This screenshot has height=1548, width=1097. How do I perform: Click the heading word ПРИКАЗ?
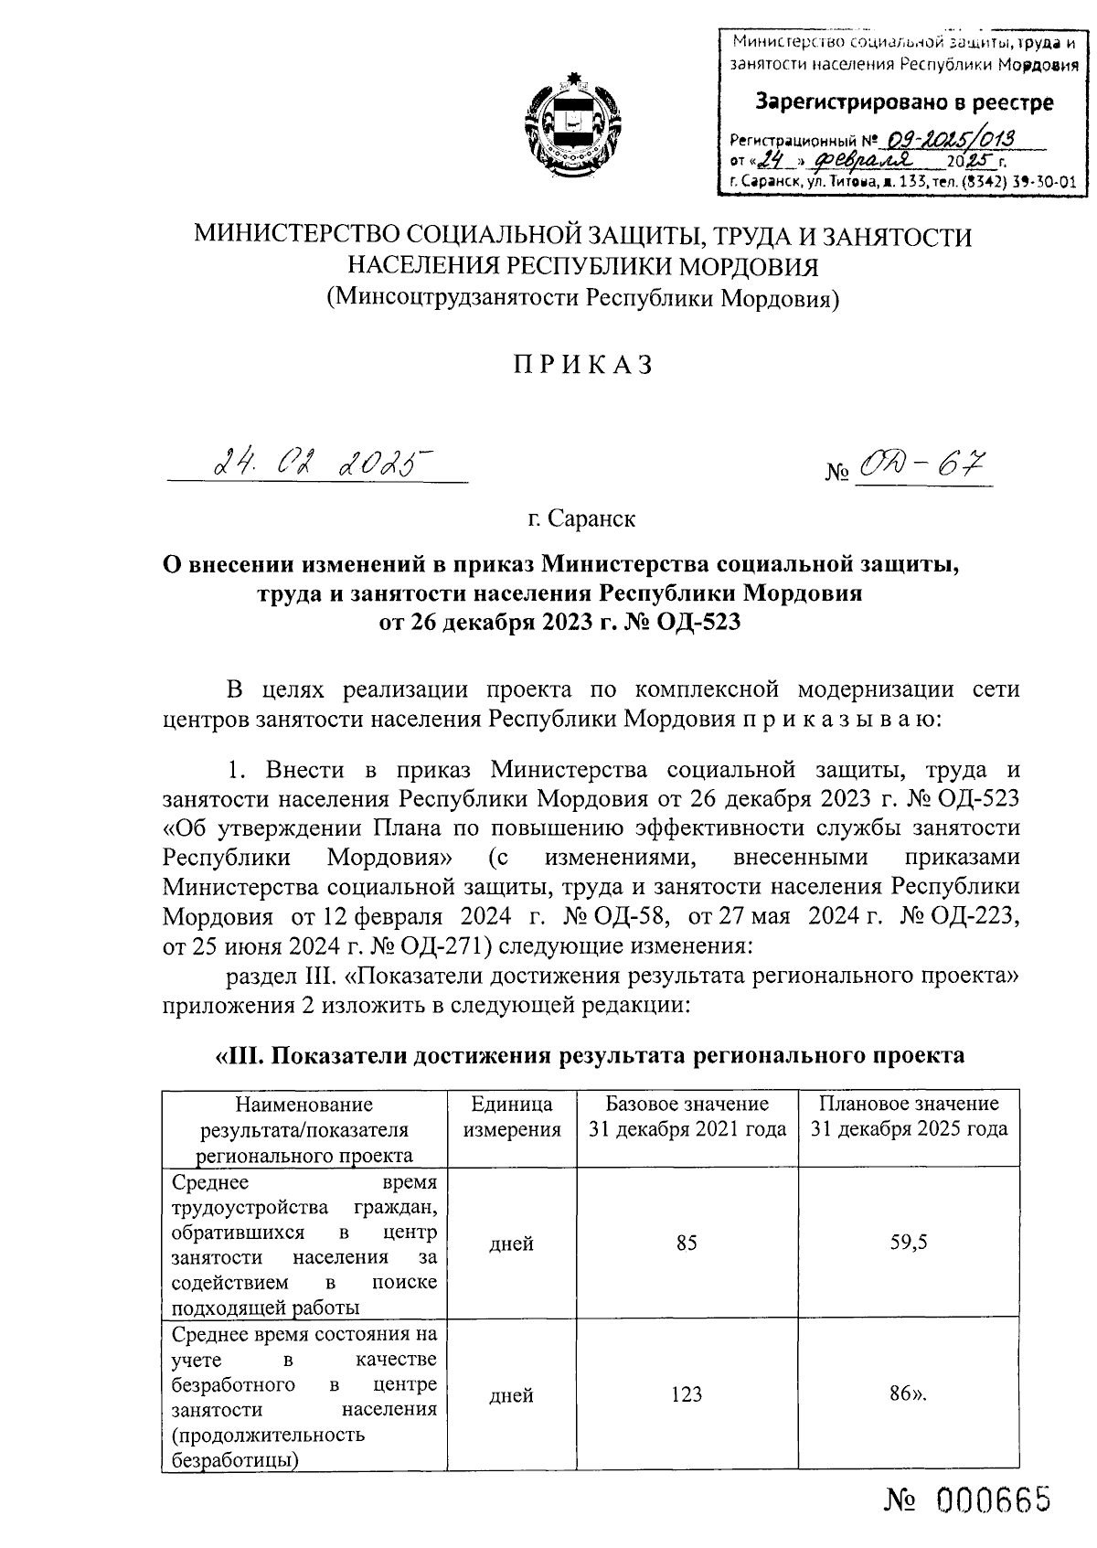pyautogui.click(x=583, y=365)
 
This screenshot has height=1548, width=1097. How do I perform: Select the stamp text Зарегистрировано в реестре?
pyautogui.click(x=903, y=103)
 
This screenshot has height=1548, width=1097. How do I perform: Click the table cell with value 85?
pyautogui.click(x=687, y=1243)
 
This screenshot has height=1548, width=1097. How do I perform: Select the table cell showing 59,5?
pyautogui.click(x=908, y=1243)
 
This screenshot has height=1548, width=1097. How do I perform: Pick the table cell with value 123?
pyautogui.click(x=686, y=1394)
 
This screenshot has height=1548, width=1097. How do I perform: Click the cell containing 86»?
pyautogui.click(x=908, y=1394)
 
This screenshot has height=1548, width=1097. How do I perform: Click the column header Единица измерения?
pyautogui.click(x=512, y=1116)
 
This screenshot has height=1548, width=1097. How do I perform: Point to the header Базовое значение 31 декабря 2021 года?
pyautogui.click(x=687, y=1116)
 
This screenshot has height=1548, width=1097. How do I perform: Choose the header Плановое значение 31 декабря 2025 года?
pyautogui.click(x=908, y=1116)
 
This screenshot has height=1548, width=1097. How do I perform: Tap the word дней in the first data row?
pyautogui.click(x=512, y=1244)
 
